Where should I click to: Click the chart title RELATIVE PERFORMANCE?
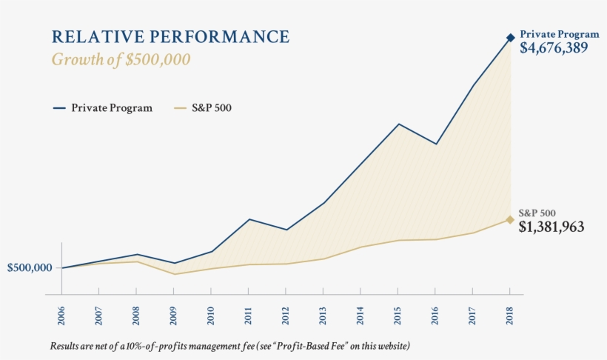[x=170, y=36]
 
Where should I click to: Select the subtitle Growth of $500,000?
[x=121, y=60]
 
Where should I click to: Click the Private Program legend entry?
[x=103, y=108]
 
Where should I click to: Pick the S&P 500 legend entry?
[x=204, y=108]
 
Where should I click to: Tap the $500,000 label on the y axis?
[x=30, y=267]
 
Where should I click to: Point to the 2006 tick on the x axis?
[x=61, y=313]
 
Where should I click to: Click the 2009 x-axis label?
[x=173, y=313]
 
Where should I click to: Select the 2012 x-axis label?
[x=286, y=313]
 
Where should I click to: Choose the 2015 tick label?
[x=398, y=313]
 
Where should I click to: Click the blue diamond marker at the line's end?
[x=511, y=37]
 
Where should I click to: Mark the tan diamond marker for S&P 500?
[x=511, y=219]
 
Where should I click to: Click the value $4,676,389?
[x=554, y=49]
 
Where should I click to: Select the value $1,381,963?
[x=551, y=227]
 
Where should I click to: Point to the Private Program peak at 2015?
[x=398, y=124]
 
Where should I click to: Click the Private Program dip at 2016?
[x=436, y=144]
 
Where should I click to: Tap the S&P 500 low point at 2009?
[x=174, y=274]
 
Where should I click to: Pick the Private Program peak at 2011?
[x=249, y=219]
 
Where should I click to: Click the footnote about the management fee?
[x=229, y=346]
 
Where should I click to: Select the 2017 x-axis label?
[x=473, y=313]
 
